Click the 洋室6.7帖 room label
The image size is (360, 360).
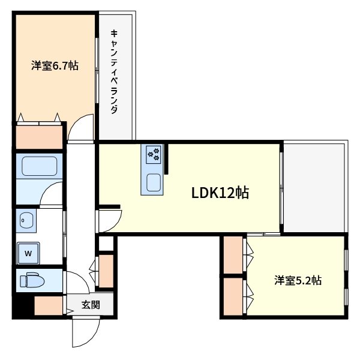[55, 66]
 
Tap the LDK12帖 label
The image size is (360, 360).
[220, 193]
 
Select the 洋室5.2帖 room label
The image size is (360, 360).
[298, 280]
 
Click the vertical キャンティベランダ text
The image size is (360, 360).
[114, 72]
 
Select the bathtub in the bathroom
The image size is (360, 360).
[38, 166]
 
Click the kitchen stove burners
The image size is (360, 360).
[152, 154]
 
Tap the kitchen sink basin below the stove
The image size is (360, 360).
[152, 182]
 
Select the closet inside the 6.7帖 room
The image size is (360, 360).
[39, 135]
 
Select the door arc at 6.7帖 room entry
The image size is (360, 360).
[80, 129]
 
